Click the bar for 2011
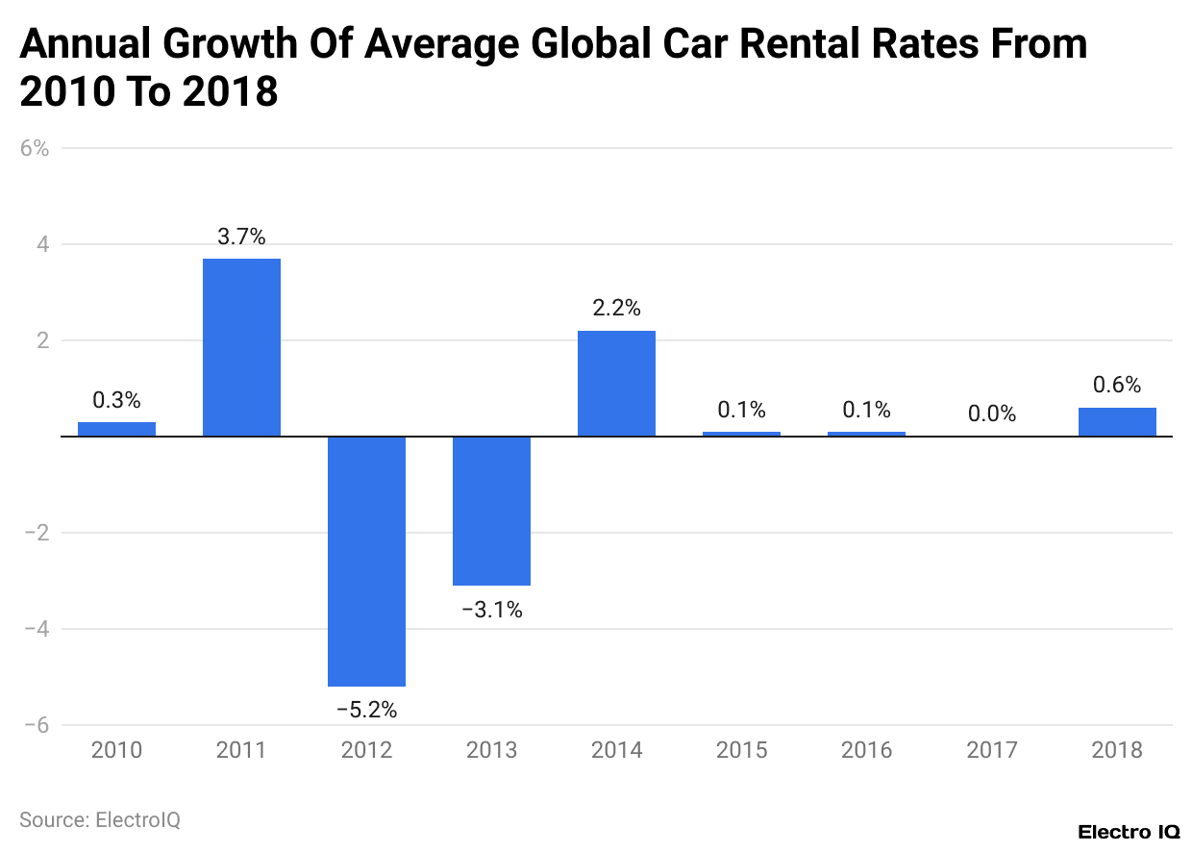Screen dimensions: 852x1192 tap(241, 347)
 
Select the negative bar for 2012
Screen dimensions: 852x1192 tap(366, 561)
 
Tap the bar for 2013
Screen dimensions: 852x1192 tap(491, 511)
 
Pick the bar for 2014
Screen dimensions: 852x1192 tap(616, 384)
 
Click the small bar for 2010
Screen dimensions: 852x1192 tap(116, 429)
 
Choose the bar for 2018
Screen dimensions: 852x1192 tap(1117, 422)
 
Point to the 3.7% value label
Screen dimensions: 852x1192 tap(241, 237)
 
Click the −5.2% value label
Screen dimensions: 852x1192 tap(366, 711)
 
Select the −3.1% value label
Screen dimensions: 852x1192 tap(491, 610)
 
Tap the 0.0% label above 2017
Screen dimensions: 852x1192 tap(992, 413)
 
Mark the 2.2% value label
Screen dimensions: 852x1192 tap(616, 309)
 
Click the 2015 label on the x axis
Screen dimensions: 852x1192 tap(741, 750)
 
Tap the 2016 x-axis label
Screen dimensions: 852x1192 tap(866, 750)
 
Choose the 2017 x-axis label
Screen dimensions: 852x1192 tap(992, 750)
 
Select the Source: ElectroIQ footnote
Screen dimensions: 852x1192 tap(100, 820)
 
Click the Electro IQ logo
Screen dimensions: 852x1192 tap(1129, 832)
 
